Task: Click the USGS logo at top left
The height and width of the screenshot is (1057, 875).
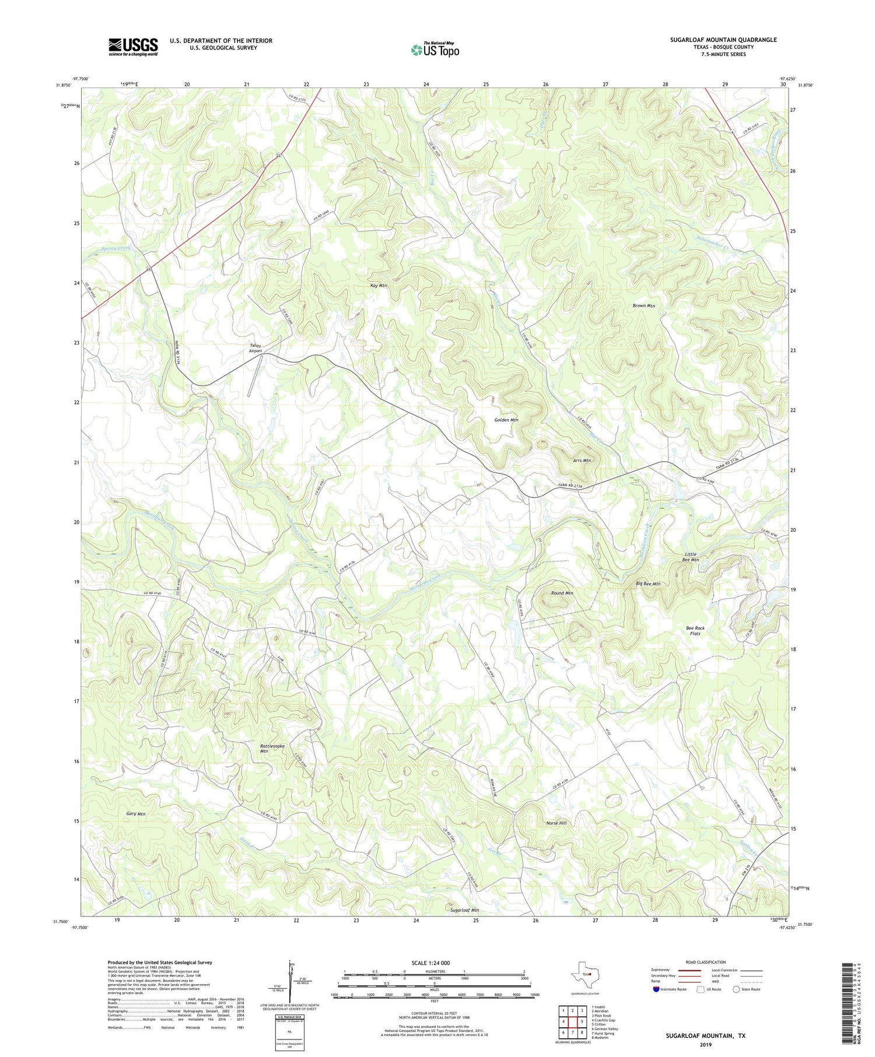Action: point(133,47)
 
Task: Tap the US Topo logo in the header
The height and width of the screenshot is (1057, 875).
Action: point(435,50)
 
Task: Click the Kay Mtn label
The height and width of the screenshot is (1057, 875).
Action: point(379,286)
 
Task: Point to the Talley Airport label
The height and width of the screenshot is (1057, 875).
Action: point(256,348)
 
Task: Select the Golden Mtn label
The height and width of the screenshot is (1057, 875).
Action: point(506,420)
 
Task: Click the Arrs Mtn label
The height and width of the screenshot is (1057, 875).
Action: point(582,461)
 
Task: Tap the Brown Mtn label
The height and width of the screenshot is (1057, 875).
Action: point(644,305)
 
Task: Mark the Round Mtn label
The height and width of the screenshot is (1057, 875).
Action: point(562,593)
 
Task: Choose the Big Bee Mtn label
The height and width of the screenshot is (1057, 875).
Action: point(647,584)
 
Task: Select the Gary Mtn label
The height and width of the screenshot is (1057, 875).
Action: point(136,813)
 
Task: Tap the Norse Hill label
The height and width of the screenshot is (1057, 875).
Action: point(556,823)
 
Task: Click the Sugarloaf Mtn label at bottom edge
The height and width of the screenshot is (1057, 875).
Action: point(464,909)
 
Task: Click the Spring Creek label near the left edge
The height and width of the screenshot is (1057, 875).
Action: point(116,248)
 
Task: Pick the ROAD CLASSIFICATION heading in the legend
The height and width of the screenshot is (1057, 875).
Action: point(706,962)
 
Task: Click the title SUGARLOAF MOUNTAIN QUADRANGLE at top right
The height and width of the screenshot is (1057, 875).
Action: point(723,40)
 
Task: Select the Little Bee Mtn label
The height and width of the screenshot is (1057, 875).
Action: point(690,557)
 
